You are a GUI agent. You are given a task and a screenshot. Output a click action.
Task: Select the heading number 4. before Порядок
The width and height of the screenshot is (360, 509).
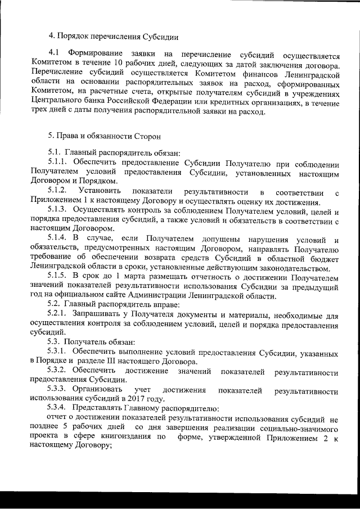[x=51, y=37]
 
